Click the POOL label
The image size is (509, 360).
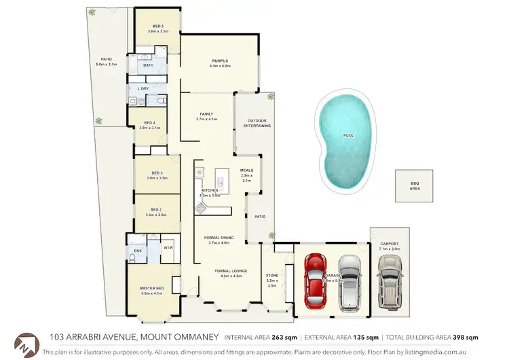pyautogui.click(x=349, y=135)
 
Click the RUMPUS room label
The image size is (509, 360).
pyautogui.click(x=219, y=60)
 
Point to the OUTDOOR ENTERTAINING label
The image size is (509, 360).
pyautogui.click(x=257, y=123)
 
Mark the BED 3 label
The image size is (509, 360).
pyautogui.click(x=157, y=173)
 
